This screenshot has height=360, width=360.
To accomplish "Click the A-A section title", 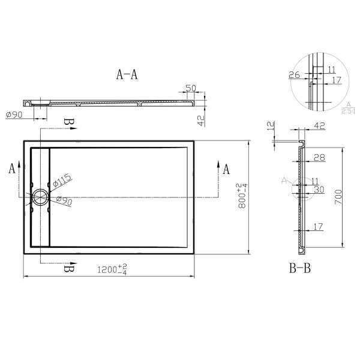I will tap(127, 74).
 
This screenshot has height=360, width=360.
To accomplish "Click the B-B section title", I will tap(298, 268).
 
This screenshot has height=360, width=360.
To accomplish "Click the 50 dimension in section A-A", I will tap(191, 88).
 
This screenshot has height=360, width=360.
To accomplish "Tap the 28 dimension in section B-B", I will tap(319, 157).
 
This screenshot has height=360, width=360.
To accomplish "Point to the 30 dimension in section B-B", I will tap(319, 189).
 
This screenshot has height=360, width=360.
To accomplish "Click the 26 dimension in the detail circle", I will tap(294, 74).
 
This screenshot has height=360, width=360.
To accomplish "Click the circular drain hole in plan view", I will tap(41, 196).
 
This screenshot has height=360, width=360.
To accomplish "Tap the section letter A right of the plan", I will tap(226, 170).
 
